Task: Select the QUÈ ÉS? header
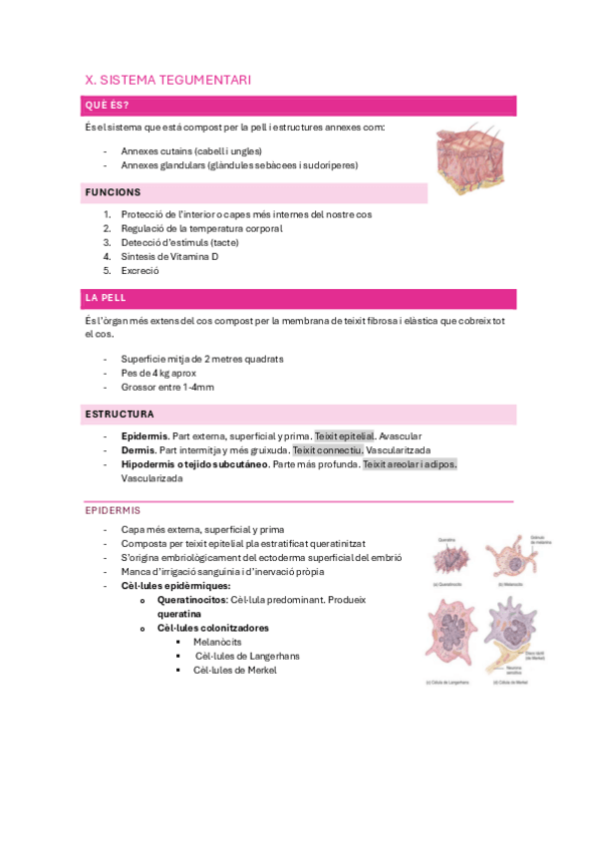(107, 106)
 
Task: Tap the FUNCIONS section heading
(113, 192)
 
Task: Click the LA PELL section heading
(106, 298)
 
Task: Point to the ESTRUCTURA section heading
(120, 414)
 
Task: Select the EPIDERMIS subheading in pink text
(114, 510)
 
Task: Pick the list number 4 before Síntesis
(107, 256)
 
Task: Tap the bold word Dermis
(138, 450)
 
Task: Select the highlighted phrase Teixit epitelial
(344, 436)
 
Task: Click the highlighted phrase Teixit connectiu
(327, 450)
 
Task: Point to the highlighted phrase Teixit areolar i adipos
(410, 464)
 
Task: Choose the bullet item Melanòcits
(218, 643)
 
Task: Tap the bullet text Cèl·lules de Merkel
(235, 671)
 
